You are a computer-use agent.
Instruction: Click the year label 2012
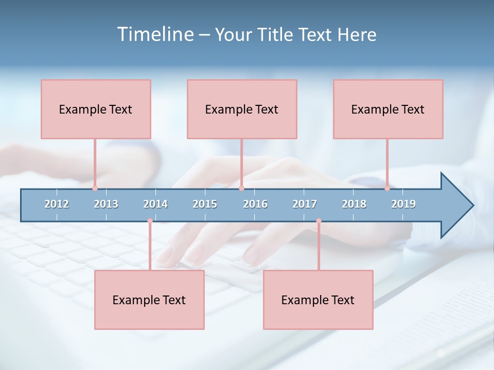point(57,204)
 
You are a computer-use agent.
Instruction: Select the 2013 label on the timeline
point(106,204)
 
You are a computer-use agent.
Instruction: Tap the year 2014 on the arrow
point(155,204)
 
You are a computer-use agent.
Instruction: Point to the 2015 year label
point(205,204)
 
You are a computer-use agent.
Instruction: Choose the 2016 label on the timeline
point(255,204)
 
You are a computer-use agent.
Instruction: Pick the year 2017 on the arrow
point(305,204)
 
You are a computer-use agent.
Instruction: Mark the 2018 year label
point(354,204)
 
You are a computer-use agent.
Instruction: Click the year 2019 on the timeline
point(403,204)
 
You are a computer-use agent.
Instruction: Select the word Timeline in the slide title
point(154,34)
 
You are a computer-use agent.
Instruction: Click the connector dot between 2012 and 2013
point(95,188)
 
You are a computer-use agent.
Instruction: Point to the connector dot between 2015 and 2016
point(241,188)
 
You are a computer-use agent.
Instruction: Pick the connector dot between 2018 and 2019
point(387,188)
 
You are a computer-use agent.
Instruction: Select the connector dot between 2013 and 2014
point(150,221)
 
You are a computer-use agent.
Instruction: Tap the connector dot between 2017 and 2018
point(319,221)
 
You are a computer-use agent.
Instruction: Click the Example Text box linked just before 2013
point(96,109)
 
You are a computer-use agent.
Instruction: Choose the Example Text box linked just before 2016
point(242,109)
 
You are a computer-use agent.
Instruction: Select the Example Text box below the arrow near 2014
point(149,300)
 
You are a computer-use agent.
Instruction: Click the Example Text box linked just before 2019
point(388,109)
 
